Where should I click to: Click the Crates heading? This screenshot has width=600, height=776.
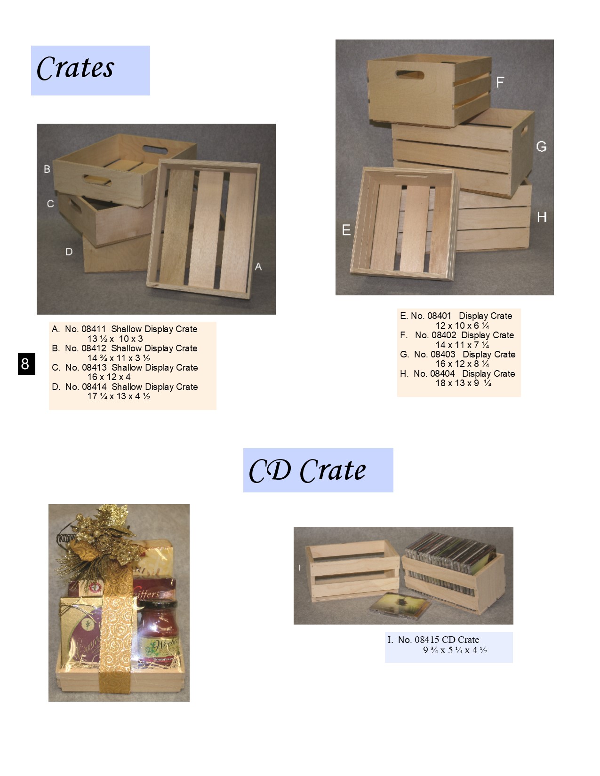[x=76, y=69]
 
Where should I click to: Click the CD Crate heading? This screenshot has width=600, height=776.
[x=307, y=470]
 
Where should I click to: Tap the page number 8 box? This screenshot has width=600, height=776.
[x=26, y=364]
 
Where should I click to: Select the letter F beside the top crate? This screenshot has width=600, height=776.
[x=500, y=82]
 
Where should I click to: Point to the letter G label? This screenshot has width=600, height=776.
[x=541, y=146]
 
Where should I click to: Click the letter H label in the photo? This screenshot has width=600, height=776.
[x=542, y=217]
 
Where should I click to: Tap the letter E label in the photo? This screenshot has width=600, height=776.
[x=346, y=230]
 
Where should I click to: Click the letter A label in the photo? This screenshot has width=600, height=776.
[x=258, y=267]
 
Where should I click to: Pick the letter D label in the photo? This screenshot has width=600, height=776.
[x=69, y=252]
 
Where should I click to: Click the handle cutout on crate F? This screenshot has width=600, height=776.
[x=409, y=74]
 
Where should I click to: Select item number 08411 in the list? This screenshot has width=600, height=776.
[x=94, y=329]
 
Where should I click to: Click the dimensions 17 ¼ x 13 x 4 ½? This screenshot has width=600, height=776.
[x=119, y=396]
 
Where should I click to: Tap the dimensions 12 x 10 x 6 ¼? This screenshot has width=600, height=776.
[x=462, y=325]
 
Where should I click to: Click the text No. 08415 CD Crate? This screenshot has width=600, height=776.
[x=438, y=640]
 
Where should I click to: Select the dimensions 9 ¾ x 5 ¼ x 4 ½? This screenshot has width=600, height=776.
[x=455, y=650]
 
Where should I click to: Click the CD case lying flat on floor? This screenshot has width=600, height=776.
[x=400, y=604]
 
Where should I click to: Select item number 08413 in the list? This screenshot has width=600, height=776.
[x=94, y=368]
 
